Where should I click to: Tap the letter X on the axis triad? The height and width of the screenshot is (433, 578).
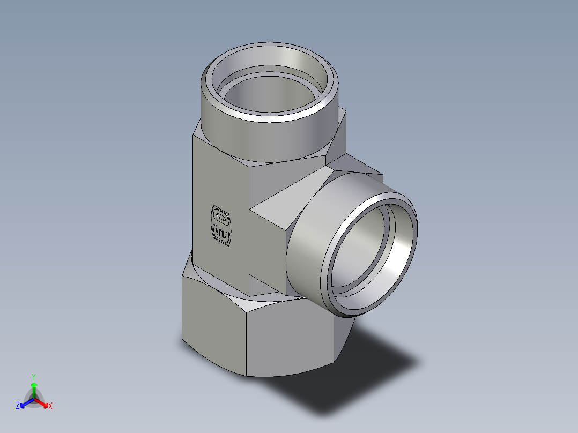click(50, 406)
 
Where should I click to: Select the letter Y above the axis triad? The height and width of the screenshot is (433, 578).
click(33, 377)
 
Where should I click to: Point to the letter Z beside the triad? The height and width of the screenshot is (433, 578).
click(18, 406)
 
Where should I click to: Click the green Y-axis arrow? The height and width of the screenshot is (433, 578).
click(33, 389)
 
